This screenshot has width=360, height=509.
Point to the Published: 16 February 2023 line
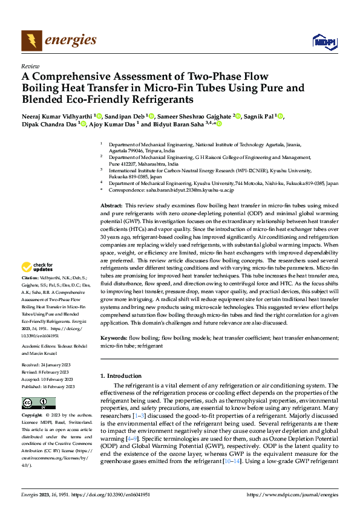coord(48,386)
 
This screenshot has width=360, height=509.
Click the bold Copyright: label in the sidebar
coord(33,416)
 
